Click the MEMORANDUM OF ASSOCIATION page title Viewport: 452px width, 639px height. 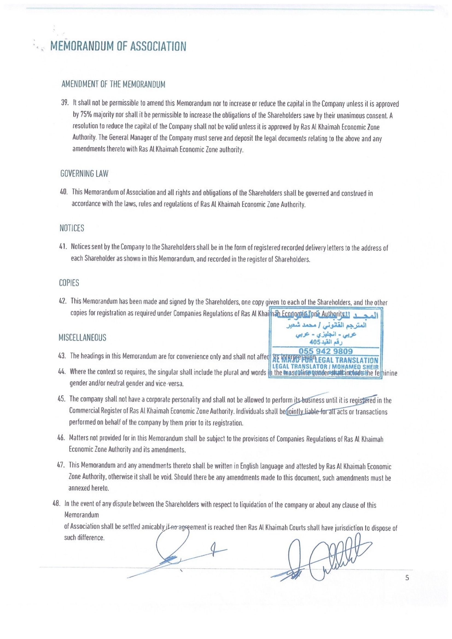click(118, 46)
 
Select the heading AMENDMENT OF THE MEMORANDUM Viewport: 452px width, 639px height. click(113, 84)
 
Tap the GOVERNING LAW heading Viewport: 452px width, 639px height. click(84, 174)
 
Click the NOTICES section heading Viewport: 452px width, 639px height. click(72, 229)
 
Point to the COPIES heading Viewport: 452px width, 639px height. click(69, 283)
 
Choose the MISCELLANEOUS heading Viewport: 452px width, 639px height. click(82, 338)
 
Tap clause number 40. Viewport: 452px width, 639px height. click(63, 192)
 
